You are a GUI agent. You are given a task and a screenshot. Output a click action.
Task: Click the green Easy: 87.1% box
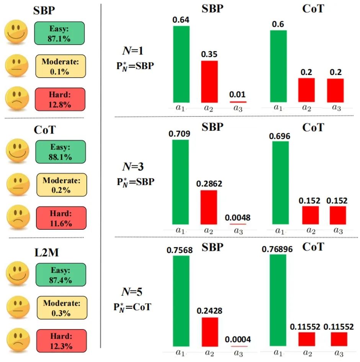59,33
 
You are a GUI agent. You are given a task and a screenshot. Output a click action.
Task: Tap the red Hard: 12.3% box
61,340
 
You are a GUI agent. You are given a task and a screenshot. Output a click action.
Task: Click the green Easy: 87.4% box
60,274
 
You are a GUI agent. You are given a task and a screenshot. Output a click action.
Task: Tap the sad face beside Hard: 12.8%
16,99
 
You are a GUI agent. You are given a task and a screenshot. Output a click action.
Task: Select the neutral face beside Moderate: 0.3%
17,308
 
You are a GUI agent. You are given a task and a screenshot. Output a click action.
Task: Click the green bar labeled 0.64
181,64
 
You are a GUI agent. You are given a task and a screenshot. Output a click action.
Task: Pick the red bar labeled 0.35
209,81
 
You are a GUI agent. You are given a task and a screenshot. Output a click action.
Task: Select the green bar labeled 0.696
280,182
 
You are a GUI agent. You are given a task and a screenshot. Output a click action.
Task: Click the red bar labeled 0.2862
209,207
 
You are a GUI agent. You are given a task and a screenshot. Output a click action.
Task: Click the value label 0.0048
238,218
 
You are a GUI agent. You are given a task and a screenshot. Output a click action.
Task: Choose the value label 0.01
238,94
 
